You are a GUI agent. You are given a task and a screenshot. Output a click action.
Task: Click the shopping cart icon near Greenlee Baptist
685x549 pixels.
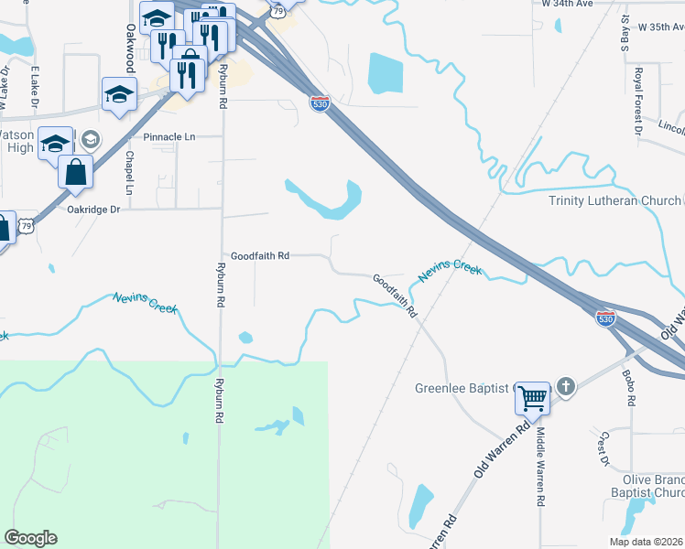coord(532,397)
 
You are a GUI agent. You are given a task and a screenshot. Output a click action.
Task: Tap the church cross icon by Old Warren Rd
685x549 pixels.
coord(566,387)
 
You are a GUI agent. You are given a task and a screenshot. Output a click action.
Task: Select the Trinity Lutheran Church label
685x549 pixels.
coord(614,200)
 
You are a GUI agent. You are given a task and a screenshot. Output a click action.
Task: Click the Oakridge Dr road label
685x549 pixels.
coord(94,209)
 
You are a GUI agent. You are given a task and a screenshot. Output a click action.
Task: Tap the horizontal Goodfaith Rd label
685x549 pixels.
coord(260,256)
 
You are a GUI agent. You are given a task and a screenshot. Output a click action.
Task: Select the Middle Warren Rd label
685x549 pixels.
coord(540,467)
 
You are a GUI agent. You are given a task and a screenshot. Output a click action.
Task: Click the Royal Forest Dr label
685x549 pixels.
coord(638,100)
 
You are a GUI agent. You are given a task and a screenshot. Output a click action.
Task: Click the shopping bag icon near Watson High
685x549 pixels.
coord(75,170)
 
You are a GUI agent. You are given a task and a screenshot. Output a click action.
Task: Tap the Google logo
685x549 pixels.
coord(30,538)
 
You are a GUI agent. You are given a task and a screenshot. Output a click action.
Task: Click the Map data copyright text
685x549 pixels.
coord(646,542)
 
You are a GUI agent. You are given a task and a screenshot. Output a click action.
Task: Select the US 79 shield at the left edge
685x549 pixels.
coord(27,225)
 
